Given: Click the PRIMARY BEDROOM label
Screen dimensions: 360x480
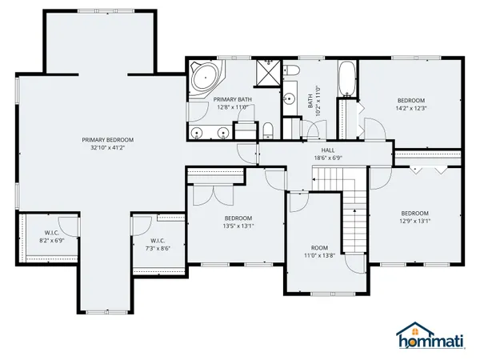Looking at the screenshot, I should click(x=107, y=139).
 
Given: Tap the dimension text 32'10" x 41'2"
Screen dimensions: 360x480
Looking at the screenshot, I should click(x=107, y=147).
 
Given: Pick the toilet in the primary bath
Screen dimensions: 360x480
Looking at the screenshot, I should click(x=268, y=130).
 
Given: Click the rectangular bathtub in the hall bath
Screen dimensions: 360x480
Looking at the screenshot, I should click(x=346, y=79).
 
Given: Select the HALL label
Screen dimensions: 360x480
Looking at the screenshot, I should click(x=328, y=150).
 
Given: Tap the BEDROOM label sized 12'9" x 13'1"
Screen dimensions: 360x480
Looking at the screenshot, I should click(x=414, y=213).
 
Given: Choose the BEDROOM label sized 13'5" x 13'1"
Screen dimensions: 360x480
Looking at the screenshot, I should click(x=238, y=218).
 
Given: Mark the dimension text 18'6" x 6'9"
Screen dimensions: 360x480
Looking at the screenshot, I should click(x=328, y=158).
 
